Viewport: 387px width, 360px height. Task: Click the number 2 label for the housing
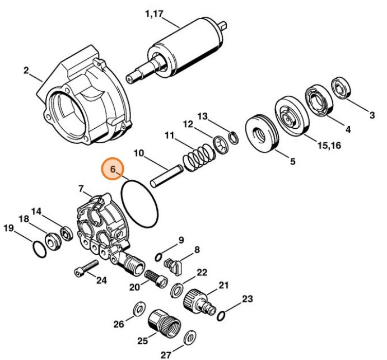[26, 70]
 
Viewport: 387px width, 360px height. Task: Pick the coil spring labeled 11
[199, 155]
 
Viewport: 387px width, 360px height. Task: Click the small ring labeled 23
[221, 316]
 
